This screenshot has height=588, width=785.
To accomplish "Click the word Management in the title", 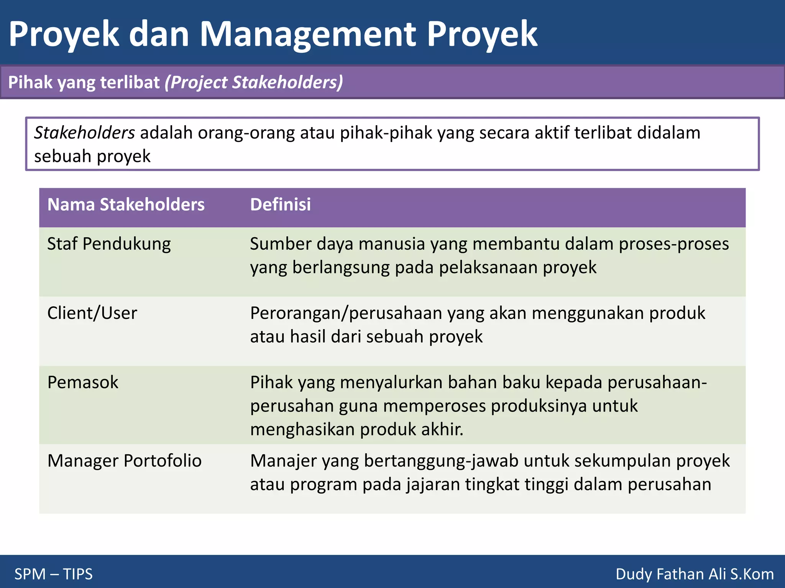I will tap(307, 34).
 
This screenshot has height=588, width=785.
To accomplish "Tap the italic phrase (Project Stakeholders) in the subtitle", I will tap(254, 82).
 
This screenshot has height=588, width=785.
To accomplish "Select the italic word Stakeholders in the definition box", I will tap(84, 133).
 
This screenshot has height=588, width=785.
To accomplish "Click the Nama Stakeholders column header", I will tap(126, 204).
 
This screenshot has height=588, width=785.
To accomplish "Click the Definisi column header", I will tap(280, 204).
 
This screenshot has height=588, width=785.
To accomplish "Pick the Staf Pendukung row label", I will tap(109, 244).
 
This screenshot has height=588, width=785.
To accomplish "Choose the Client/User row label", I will tap(92, 313).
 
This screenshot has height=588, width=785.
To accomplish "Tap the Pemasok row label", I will tap(83, 382).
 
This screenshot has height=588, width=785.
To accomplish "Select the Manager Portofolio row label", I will tap(124, 461).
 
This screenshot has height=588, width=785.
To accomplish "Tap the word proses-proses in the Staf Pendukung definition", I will tap(674, 244).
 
